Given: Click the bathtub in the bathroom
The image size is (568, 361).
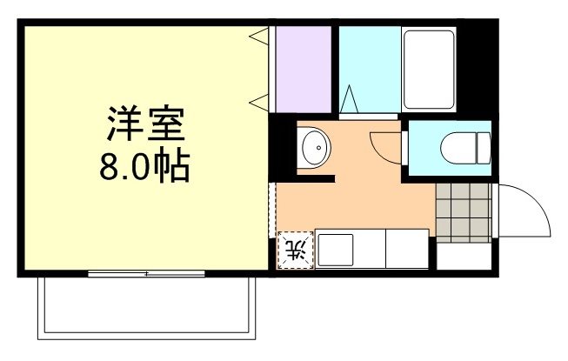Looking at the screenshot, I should click(429, 69).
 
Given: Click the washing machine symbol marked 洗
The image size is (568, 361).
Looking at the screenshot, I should click(294, 251).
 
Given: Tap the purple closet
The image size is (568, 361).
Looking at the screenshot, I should click(304, 69).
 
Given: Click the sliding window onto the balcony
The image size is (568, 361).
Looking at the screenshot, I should click(146, 274).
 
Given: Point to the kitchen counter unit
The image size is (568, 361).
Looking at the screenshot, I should click(372, 250).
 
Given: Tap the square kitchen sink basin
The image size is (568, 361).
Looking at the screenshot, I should click(334, 251).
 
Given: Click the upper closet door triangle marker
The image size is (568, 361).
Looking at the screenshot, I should click(258, 37).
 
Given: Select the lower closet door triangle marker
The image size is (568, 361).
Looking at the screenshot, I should click(258, 103).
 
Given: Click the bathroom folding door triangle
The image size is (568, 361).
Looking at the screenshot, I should click(350, 99).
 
